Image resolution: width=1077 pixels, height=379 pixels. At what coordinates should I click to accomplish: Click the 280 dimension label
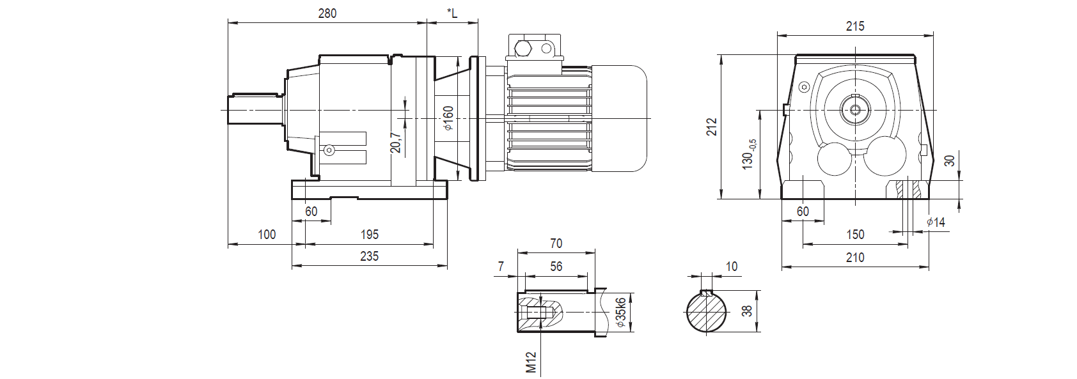pos(327,13)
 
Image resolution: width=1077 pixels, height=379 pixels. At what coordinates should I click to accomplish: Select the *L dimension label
pos(452,13)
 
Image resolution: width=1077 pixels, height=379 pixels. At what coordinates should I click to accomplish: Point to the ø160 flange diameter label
pos(448,118)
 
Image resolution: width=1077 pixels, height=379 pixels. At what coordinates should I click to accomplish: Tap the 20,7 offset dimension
pos(396,142)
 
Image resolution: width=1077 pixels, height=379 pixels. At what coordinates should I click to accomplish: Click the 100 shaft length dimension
pos(266,235)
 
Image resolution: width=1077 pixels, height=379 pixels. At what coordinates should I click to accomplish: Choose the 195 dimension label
pos(369,235)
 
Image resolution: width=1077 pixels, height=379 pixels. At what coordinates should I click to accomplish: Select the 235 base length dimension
pos(369,256)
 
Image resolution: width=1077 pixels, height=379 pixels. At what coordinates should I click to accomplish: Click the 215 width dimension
pos(854,26)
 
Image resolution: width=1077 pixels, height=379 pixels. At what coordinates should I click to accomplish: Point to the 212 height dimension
pos(712,127)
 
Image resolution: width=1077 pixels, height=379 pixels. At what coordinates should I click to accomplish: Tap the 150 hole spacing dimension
pos(855,235)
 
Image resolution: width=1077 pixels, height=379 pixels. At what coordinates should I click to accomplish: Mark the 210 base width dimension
pos(854,257)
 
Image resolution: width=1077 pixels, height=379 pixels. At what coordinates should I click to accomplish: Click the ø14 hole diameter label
pos(935,222)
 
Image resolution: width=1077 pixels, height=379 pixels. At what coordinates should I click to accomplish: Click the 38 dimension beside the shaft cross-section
pos(746,311)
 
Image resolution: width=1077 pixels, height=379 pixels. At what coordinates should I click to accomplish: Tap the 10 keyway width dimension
pos(732,267)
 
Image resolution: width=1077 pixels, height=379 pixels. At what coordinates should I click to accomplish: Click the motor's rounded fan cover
pos(618,119)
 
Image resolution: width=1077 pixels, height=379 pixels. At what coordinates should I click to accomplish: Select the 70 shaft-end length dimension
pos(556,244)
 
